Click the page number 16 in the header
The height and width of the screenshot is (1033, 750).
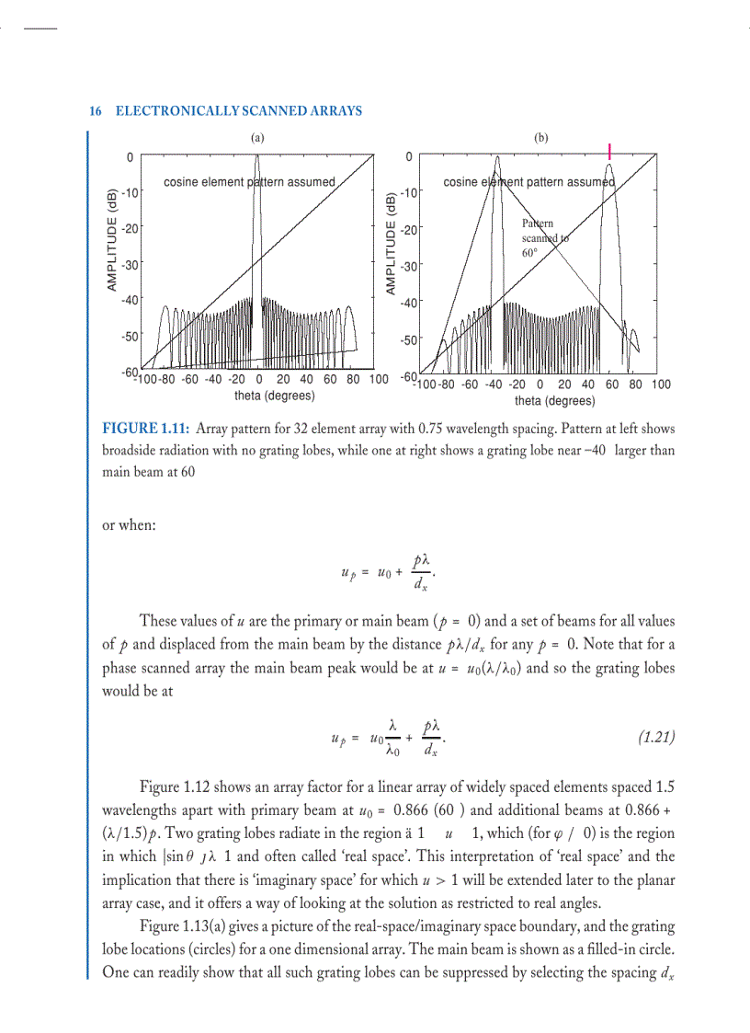click(x=95, y=111)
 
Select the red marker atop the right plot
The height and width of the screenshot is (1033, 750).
click(x=610, y=152)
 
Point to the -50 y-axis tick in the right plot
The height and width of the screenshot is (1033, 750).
click(x=409, y=340)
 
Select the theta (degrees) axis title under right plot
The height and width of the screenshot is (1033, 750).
click(x=554, y=401)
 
